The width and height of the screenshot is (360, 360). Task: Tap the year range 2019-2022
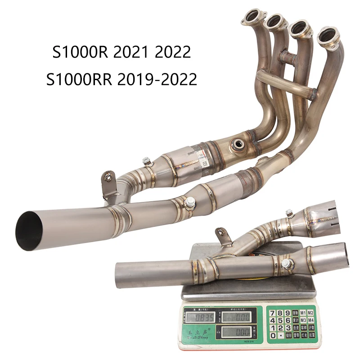(156, 79)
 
